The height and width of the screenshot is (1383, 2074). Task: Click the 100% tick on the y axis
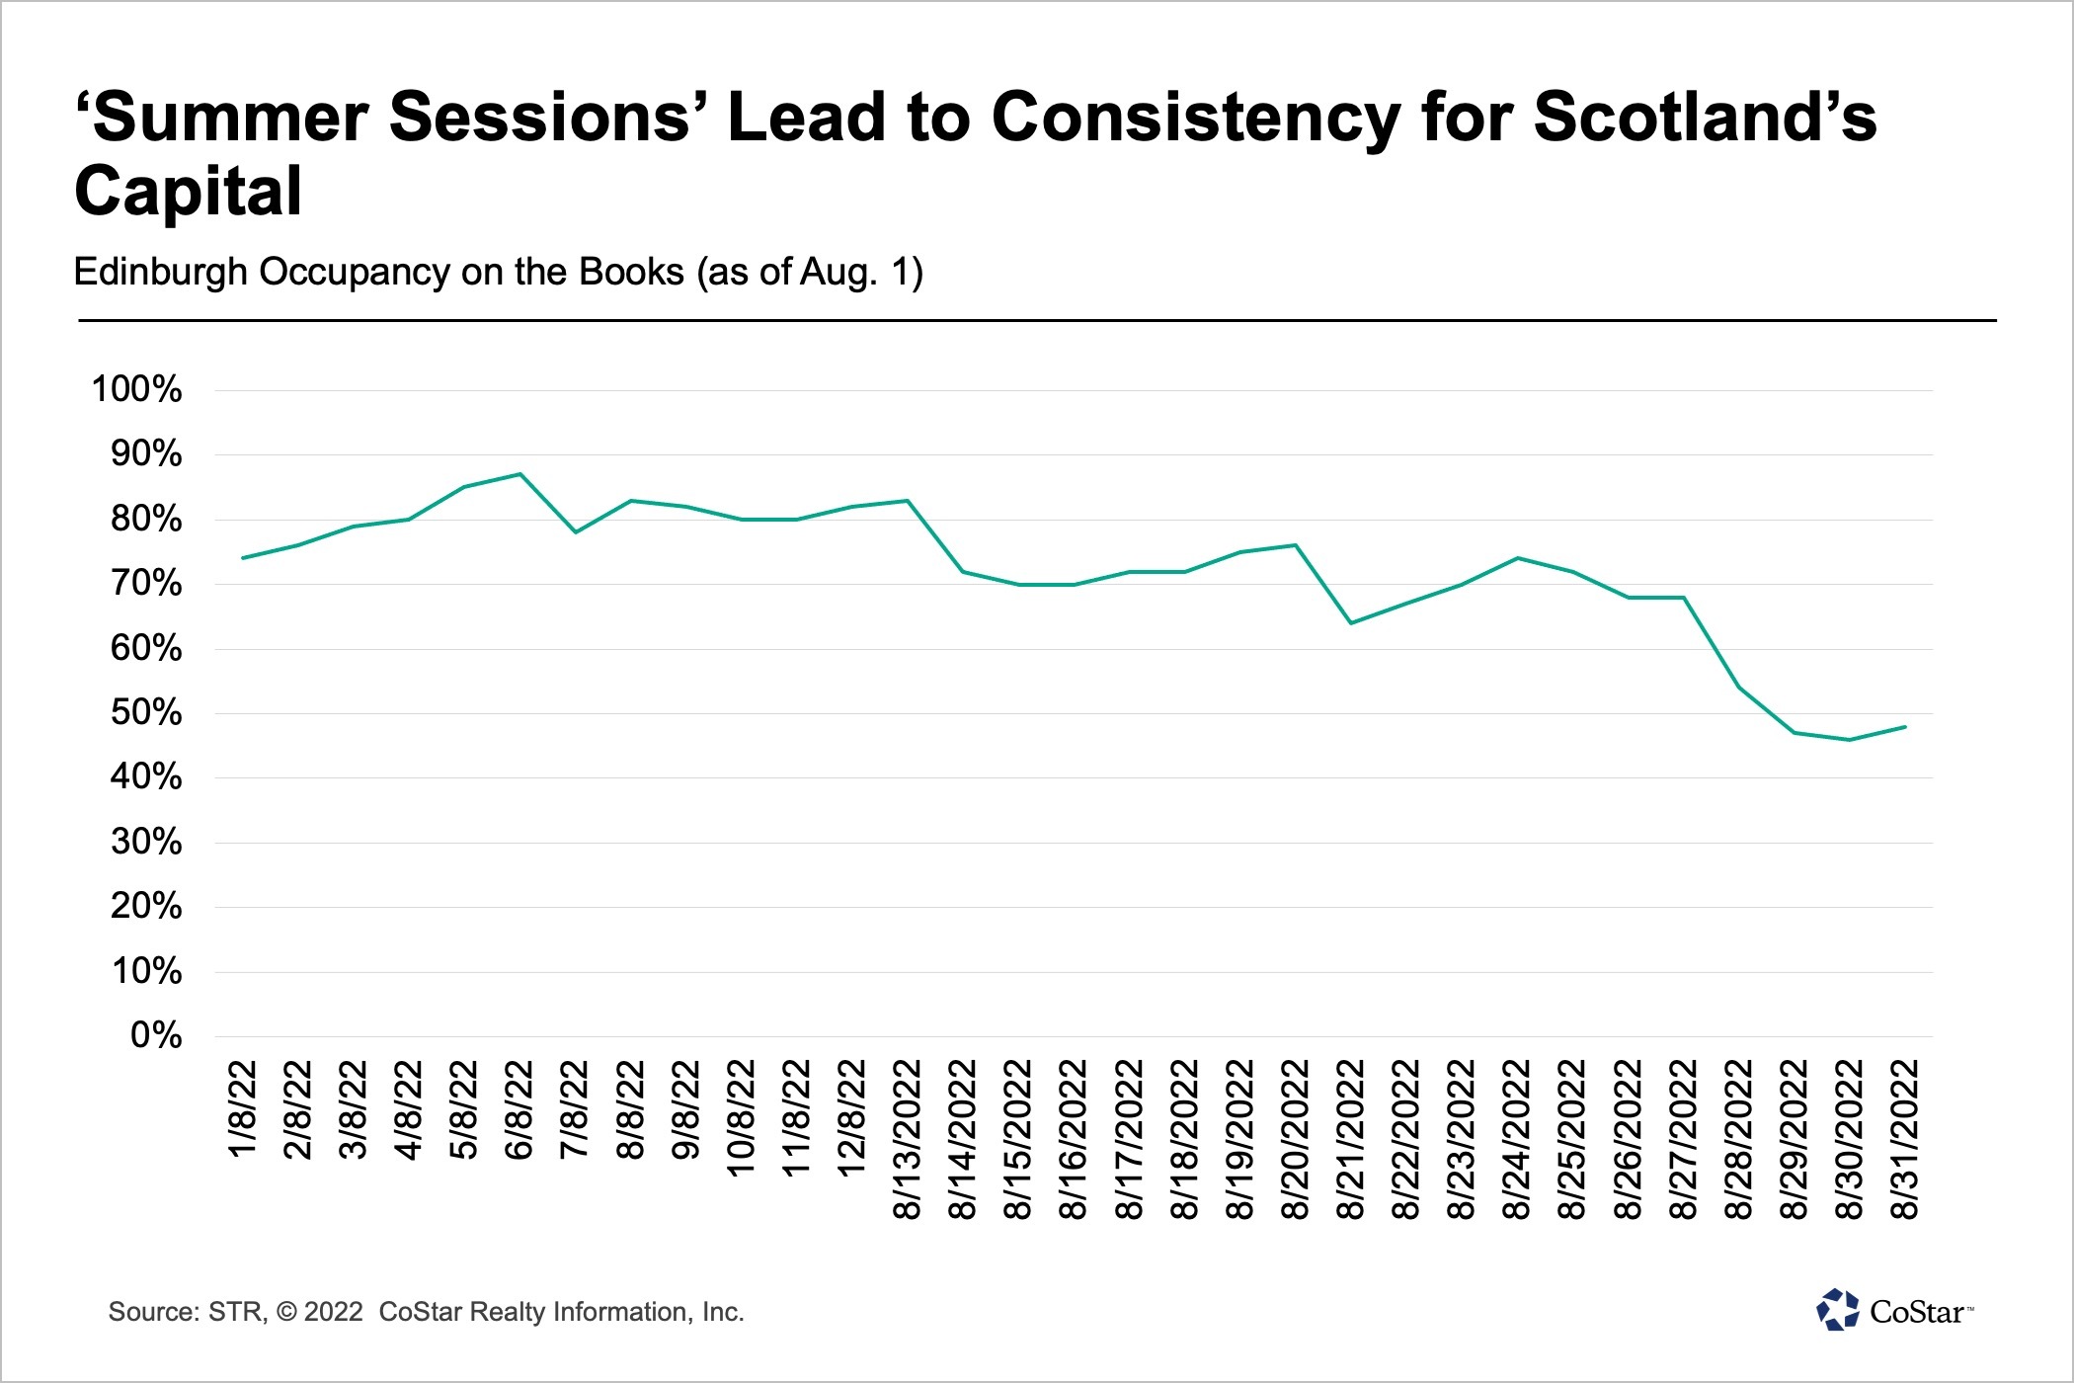(x=136, y=389)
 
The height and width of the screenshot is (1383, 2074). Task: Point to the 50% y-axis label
(x=146, y=712)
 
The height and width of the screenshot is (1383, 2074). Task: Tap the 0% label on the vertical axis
(x=156, y=1035)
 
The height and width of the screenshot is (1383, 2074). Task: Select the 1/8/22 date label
(x=243, y=1108)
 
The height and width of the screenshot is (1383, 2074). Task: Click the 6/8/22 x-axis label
(x=519, y=1108)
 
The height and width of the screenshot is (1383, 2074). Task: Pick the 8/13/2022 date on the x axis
(x=908, y=1138)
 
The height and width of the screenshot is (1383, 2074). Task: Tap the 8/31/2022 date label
(x=1905, y=1138)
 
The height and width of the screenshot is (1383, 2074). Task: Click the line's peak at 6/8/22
(x=520, y=474)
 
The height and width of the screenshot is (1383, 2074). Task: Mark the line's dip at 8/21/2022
(x=1351, y=623)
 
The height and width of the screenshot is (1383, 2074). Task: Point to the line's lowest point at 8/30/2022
(x=1850, y=740)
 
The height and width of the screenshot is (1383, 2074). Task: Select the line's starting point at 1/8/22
(x=243, y=558)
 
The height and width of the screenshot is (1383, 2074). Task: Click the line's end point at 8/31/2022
(x=1905, y=727)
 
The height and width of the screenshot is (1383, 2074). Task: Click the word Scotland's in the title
(x=1705, y=117)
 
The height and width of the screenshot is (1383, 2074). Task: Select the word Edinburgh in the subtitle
(x=160, y=272)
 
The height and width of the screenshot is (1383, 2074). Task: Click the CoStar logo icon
(x=1837, y=1310)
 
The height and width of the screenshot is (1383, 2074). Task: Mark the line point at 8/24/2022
(x=1517, y=558)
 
